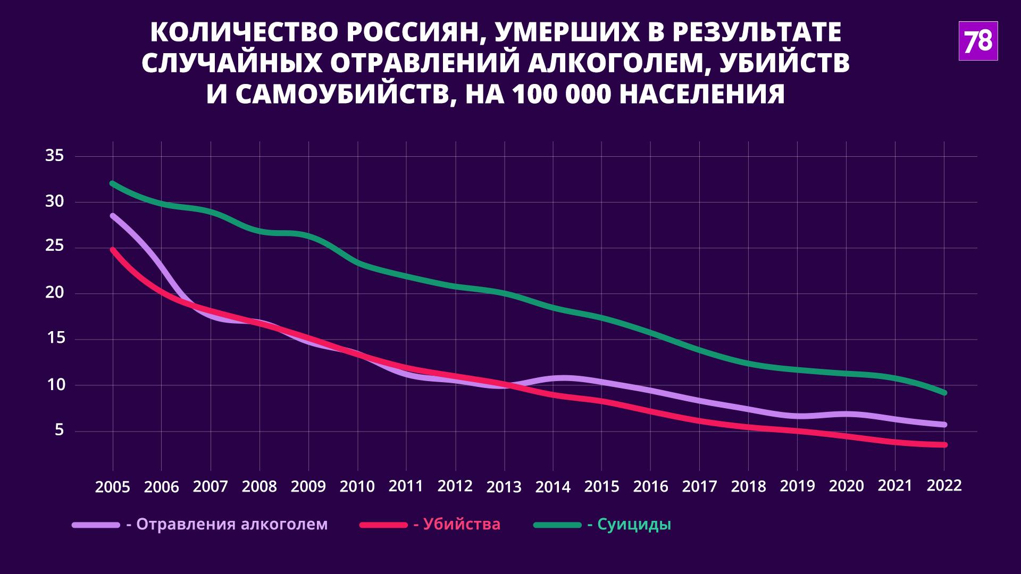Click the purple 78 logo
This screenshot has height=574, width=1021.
point(978,41)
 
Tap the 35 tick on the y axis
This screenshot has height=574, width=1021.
point(55,156)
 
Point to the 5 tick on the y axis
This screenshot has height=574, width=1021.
point(58,430)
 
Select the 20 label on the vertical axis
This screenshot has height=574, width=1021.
point(55,293)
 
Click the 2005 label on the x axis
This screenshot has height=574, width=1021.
point(112,487)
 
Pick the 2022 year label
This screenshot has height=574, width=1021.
point(944,486)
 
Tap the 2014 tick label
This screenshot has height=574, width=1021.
point(553,487)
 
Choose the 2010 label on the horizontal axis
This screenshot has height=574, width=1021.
point(357,486)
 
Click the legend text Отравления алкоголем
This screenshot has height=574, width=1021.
point(232,525)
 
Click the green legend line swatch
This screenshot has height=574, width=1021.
point(557,525)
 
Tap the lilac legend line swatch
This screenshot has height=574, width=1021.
point(96,525)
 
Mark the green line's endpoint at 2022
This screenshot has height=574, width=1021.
point(944,393)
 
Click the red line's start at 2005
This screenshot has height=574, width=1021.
point(113,249)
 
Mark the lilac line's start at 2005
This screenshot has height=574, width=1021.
point(113,216)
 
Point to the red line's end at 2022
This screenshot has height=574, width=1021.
point(944,445)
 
